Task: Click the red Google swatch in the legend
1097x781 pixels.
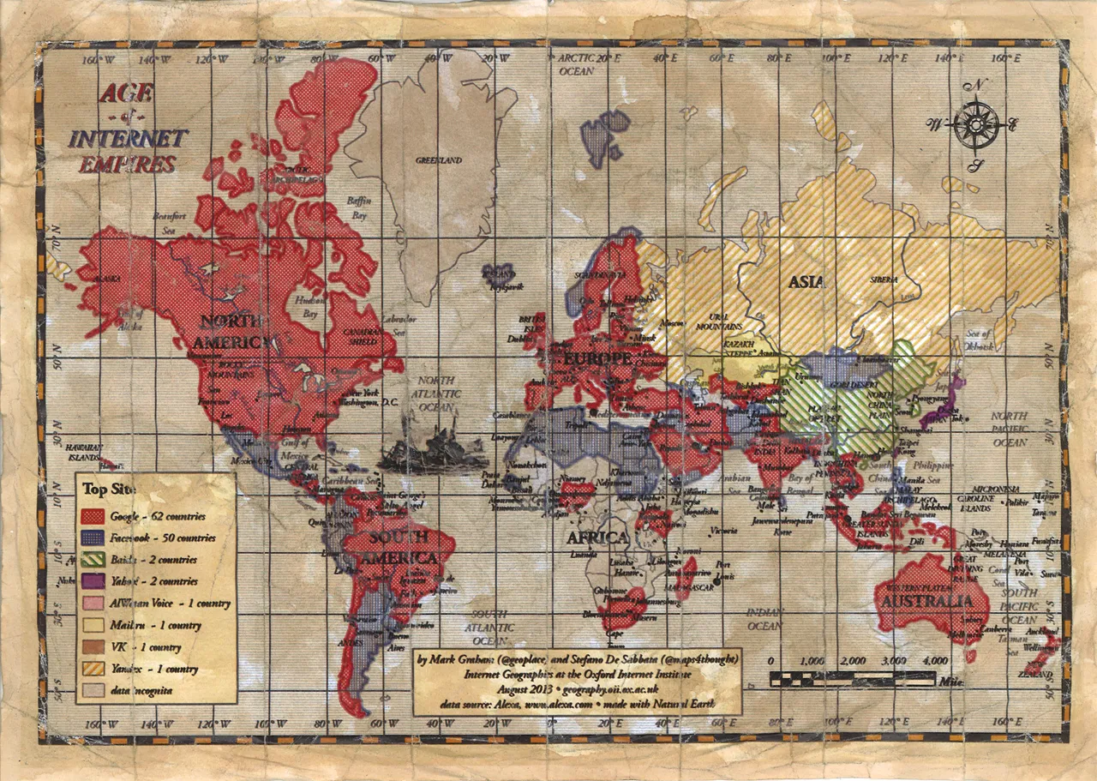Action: [93, 516]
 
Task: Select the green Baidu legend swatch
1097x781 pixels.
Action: [93, 560]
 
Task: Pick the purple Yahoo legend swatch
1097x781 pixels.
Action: [93, 581]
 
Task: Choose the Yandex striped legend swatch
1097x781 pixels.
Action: [93, 669]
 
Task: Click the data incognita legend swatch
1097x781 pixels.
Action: [93, 690]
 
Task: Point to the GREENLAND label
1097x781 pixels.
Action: [439, 160]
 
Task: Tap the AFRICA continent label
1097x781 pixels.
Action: [597, 538]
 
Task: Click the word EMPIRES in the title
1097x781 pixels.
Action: [128, 164]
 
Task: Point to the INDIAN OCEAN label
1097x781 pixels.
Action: [764, 619]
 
